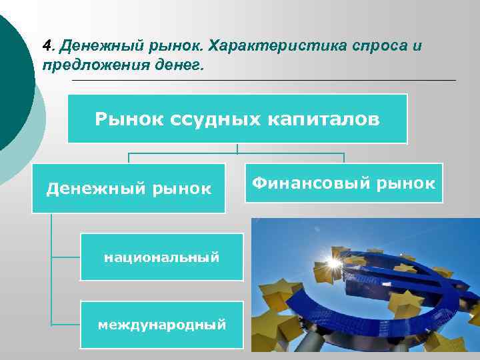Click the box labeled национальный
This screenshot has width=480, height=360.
(x=161, y=257)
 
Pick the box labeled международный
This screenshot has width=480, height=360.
(x=161, y=325)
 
